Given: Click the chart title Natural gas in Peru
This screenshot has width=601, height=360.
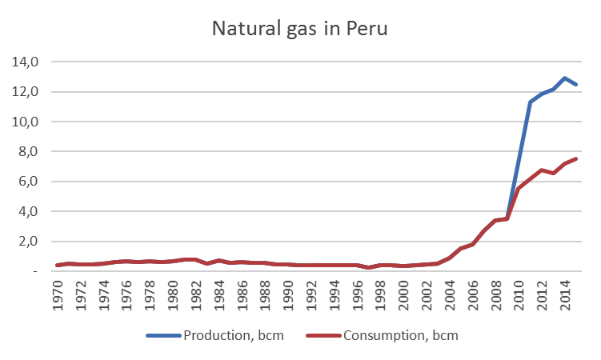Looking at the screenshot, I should [300, 29].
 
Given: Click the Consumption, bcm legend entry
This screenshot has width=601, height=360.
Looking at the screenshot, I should [399, 335].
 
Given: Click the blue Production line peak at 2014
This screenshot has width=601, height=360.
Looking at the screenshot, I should [564, 78].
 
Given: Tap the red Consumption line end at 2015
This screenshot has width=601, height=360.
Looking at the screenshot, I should [576, 158].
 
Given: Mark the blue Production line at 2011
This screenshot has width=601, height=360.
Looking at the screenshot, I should [530, 102].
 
